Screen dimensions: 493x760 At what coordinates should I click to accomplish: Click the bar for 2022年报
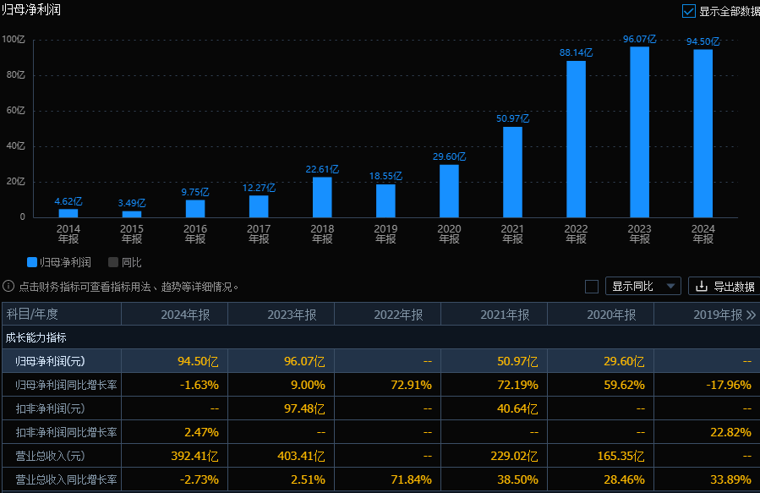576,139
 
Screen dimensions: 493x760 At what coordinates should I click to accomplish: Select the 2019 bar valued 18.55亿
385,200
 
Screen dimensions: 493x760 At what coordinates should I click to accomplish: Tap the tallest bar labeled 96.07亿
639,132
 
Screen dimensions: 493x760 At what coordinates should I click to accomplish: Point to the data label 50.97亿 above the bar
512,118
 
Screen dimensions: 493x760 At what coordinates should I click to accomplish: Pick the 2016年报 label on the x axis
195,233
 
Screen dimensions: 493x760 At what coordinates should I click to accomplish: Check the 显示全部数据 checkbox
688,11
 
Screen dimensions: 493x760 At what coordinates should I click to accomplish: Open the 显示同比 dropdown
643,286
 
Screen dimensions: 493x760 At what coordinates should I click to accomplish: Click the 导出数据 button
724,286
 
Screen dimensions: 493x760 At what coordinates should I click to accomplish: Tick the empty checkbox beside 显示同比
592,286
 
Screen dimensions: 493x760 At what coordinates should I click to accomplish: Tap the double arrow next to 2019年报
751,315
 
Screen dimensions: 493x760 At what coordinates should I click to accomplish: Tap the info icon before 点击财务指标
8,287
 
